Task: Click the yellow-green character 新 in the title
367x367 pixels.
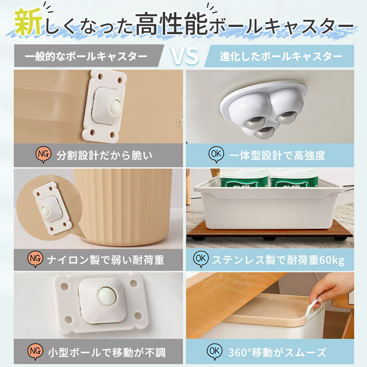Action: [28, 22]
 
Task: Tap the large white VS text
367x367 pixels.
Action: [185, 56]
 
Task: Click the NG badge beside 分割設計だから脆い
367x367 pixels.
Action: [43, 154]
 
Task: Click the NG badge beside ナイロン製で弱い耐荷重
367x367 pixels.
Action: [35, 259]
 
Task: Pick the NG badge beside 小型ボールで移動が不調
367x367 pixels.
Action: [35, 351]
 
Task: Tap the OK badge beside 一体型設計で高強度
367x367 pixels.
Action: [216, 154]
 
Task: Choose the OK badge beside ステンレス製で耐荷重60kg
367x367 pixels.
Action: [201, 259]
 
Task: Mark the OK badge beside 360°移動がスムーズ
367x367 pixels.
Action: [214, 351]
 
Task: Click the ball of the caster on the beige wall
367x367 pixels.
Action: [115, 107]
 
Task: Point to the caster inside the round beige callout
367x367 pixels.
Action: [52, 208]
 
